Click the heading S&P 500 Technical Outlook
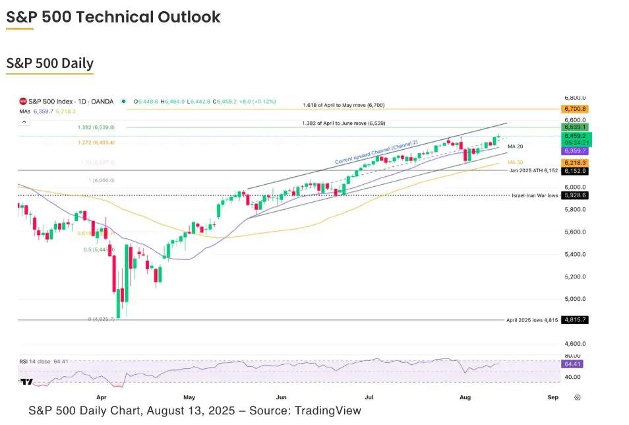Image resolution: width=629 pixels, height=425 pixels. point(113,17)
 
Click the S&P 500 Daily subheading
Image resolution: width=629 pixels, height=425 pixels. point(50,63)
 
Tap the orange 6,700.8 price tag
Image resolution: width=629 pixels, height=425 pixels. point(574,109)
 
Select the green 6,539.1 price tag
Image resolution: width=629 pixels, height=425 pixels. point(574,126)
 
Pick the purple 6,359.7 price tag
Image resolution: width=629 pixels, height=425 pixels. point(574,150)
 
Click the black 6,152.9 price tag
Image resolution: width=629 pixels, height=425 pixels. point(574,171)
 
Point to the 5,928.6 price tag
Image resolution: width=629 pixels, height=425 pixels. point(574,195)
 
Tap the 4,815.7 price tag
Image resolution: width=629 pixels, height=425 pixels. point(574,319)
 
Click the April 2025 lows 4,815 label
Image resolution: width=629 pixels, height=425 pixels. point(531,319)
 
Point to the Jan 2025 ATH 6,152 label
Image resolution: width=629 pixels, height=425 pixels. point(533,170)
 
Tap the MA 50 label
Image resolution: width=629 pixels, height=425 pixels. point(515,162)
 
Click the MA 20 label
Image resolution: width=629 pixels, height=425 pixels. point(515,147)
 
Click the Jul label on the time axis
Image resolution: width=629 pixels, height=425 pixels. point(369,398)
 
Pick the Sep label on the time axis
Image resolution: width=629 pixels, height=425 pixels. point(553,398)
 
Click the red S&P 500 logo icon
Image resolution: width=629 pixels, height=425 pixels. point(22,101)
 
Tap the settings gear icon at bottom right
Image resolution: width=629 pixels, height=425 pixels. point(578,397)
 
